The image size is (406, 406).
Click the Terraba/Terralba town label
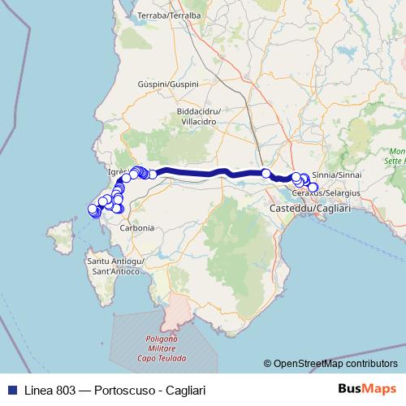pyautogui.click(x=170, y=15)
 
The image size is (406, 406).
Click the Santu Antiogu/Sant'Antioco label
pyautogui.click(x=116, y=266)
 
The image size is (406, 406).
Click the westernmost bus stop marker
pyautogui.click(x=92, y=209)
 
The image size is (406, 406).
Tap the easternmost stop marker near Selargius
pyautogui.click(x=313, y=188)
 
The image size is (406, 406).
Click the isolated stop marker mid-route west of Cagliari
pyautogui.click(x=266, y=173)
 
